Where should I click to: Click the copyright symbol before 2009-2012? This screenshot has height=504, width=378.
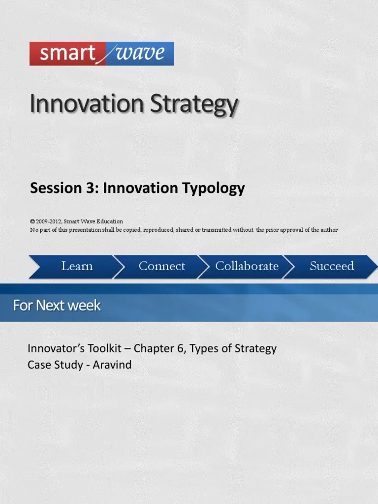click(x=32, y=221)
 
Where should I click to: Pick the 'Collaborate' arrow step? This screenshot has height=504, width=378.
click(x=247, y=266)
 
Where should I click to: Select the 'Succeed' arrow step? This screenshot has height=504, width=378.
click(x=332, y=266)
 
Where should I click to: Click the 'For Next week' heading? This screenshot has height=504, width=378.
click(x=57, y=306)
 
